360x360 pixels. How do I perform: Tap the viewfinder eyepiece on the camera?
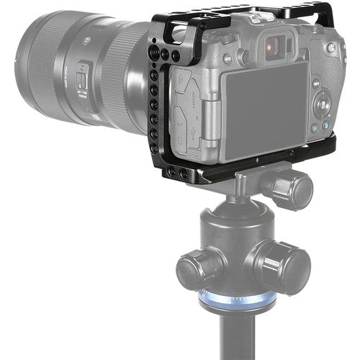(274, 48)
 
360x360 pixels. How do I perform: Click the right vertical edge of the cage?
(339, 86)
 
